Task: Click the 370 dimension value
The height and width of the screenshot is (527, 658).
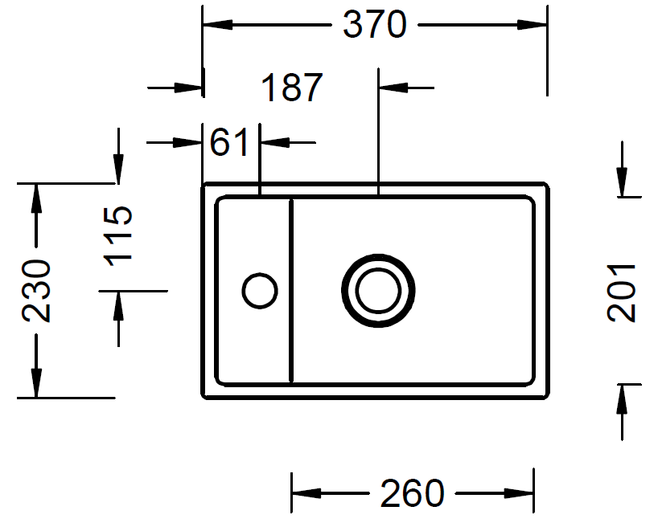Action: click(x=375, y=25)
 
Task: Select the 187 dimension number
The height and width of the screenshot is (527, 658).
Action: click(x=292, y=88)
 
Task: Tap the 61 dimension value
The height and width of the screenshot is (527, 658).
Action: click(x=229, y=142)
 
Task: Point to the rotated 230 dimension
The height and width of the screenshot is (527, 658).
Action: click(x=36, y=291)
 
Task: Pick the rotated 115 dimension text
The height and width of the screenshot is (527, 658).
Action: click(x=118, y=236)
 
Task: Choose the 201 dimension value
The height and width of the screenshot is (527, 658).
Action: click(x=622, y=293)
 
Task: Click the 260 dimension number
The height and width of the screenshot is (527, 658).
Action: click(x=412, y=493)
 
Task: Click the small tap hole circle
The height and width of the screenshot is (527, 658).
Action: click(x=260, y=291)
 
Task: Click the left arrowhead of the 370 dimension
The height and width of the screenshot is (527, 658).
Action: click(x=217, y=25)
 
